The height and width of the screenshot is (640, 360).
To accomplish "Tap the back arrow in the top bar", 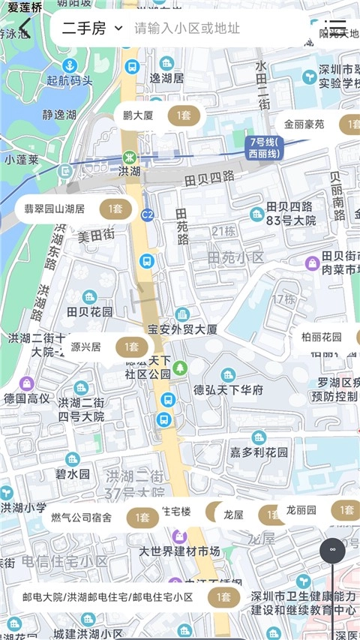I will (25, 28).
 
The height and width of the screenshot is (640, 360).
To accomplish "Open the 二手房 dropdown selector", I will (91, 29).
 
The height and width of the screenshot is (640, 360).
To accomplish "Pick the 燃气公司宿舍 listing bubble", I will (100, 517).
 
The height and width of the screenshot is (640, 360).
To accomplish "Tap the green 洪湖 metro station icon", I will (129, 158).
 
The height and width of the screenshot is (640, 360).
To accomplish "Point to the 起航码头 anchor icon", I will (69, 65).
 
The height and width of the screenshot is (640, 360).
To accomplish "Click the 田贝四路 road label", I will (209, 178).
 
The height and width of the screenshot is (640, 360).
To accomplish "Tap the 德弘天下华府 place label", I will (229, 389).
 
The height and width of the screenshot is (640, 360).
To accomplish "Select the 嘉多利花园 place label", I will (259, 452).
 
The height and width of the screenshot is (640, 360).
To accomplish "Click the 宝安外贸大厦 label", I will (183, 329).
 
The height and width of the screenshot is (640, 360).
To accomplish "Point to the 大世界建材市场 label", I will (180, 551).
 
